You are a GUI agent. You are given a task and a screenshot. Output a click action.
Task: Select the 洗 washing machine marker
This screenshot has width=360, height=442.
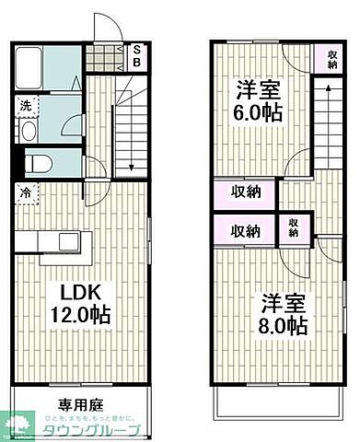27,104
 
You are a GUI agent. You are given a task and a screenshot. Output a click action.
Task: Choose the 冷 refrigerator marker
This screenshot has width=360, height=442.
25,193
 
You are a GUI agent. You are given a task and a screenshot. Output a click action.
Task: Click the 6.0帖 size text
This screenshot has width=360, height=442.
257,114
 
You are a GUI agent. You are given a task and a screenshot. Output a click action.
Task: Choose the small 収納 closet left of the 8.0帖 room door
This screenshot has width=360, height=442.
294,227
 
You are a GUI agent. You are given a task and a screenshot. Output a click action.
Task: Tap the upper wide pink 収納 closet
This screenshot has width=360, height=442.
244,193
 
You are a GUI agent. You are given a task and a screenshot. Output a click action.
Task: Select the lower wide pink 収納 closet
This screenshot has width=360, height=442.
244,231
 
